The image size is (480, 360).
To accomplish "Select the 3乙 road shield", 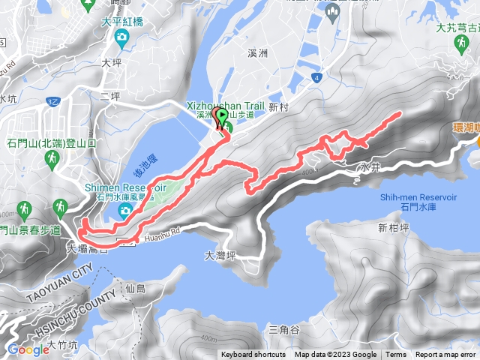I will (x=52, y=100).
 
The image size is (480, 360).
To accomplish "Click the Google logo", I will (x=28, y=349).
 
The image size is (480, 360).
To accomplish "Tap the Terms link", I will (x=396, y=355).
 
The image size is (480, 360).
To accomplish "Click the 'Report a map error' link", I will (x=446, y=355).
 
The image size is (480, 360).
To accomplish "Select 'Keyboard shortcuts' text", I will (x=253, y=355).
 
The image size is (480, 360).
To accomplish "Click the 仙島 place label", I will (x=135, y=288).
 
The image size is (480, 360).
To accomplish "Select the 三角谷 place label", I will (x=283, y=330).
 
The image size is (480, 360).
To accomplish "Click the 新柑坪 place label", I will (x=393, y=228).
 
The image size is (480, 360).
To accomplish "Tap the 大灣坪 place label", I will (x=220, y=256).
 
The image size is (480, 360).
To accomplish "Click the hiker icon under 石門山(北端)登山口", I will (x=52, y=159).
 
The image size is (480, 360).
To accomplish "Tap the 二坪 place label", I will (x=109, y=97).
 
